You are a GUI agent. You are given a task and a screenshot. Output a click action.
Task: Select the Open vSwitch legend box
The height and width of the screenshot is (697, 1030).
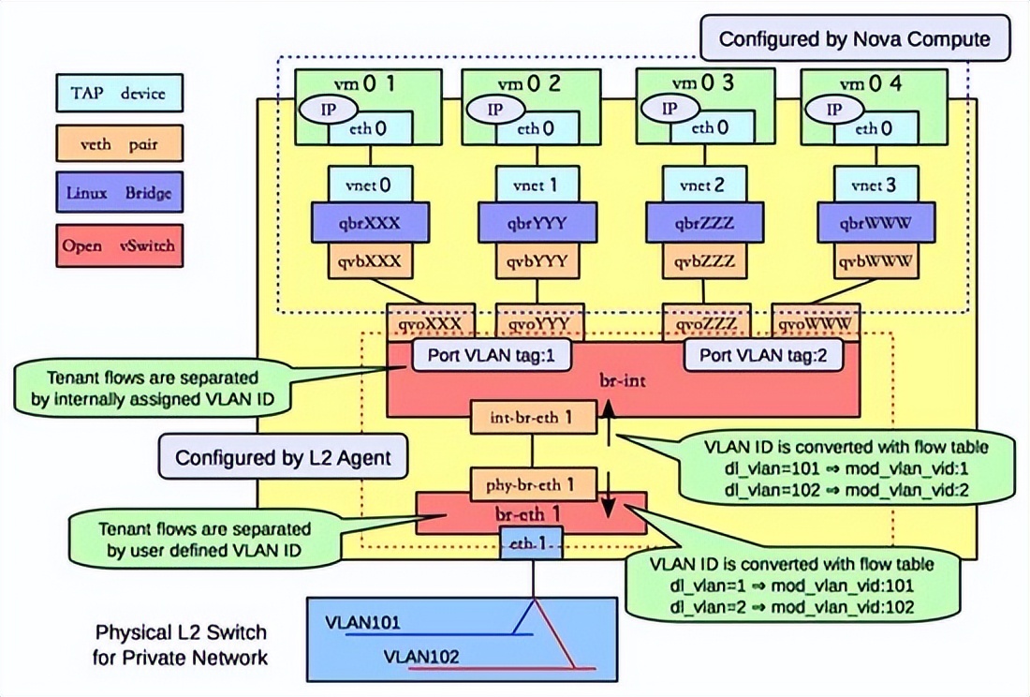tap(118, 246)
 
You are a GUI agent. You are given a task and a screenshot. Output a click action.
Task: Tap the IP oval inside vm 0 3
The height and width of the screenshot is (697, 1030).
tap(669, 108)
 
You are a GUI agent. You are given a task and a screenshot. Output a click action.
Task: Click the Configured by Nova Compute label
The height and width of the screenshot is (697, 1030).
tap(853, 39)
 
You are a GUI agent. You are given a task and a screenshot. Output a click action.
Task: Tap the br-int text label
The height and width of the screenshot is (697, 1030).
tap(624, 383)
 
